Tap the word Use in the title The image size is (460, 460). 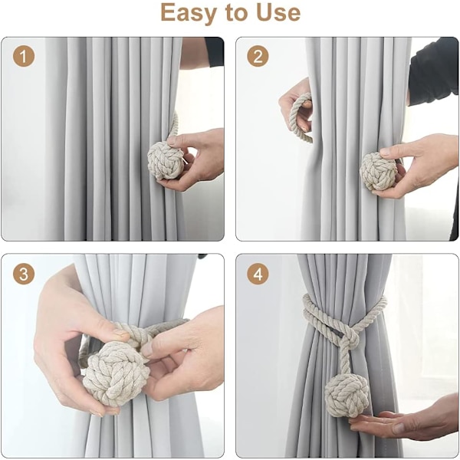click(x=278, y=13)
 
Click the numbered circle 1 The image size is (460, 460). click(x=24, y=56)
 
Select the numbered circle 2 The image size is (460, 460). click(x=258, y=56)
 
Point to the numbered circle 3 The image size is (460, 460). click(x=24, y=274)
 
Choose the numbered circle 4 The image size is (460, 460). click(x=258, y=274)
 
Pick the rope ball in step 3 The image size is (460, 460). click(x=117, y=374)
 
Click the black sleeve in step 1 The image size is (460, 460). click(x=215, y=51)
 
